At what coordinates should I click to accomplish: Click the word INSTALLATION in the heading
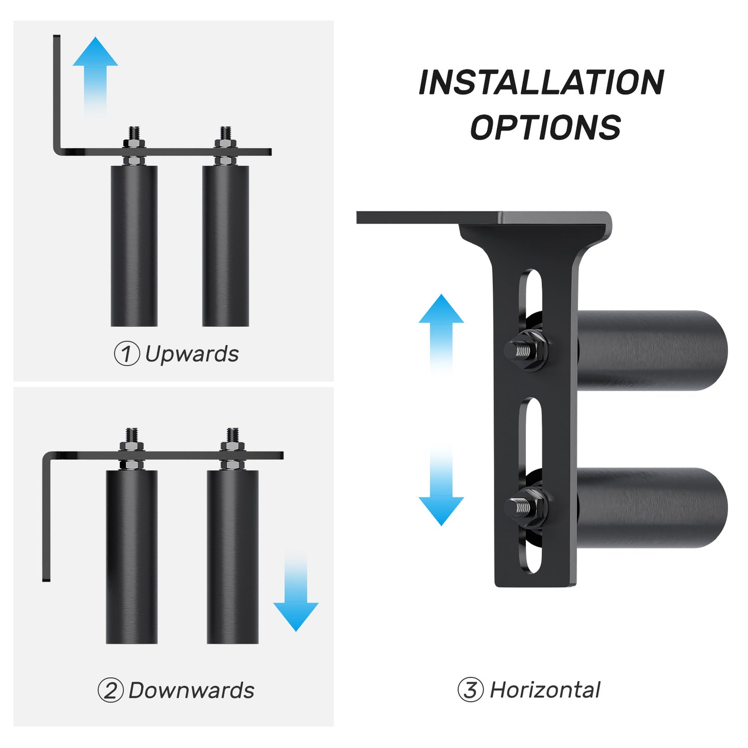point(541,82)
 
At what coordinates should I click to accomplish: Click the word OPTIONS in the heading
point(545,127)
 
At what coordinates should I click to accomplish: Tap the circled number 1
point(126,355)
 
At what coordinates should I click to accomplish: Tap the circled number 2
point(110,691)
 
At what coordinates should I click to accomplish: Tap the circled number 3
point(470,690)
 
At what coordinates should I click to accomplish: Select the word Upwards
point(192,354)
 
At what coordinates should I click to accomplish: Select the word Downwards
point(191,691)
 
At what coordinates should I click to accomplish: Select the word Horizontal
point(545,690)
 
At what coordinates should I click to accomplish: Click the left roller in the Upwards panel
point(134,246)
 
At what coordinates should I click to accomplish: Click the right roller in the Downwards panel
point(232,556)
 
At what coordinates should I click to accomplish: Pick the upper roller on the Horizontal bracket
point(652,350)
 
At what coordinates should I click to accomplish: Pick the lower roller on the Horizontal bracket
point(652,508)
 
